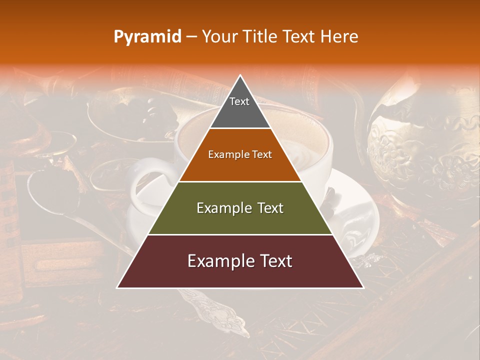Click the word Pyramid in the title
pyautogui.click(x=147, y=37)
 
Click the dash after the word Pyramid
pyautogui.click(x=191, y=37)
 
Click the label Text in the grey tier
pyautogui.click(x=239, y=101)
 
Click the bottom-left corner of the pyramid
pyautogui.click(x=118, y=287)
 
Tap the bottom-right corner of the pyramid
pyautogui.click(x=362, y=287)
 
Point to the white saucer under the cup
pyautogui.click(x=357, y=210)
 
